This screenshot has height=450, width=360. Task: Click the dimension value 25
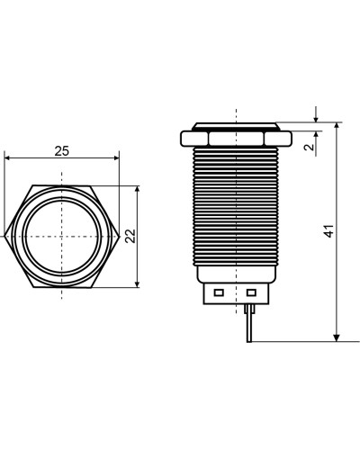62,151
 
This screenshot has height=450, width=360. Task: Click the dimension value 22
130,236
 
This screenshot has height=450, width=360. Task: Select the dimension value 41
329,231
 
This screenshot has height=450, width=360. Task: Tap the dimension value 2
309,147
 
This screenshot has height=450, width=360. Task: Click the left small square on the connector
219,292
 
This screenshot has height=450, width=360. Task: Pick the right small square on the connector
251,292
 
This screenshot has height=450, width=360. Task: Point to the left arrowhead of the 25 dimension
8,158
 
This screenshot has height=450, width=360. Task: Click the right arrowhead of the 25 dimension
116,158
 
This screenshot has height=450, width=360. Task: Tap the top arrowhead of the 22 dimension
138,189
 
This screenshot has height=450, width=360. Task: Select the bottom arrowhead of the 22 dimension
138,284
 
